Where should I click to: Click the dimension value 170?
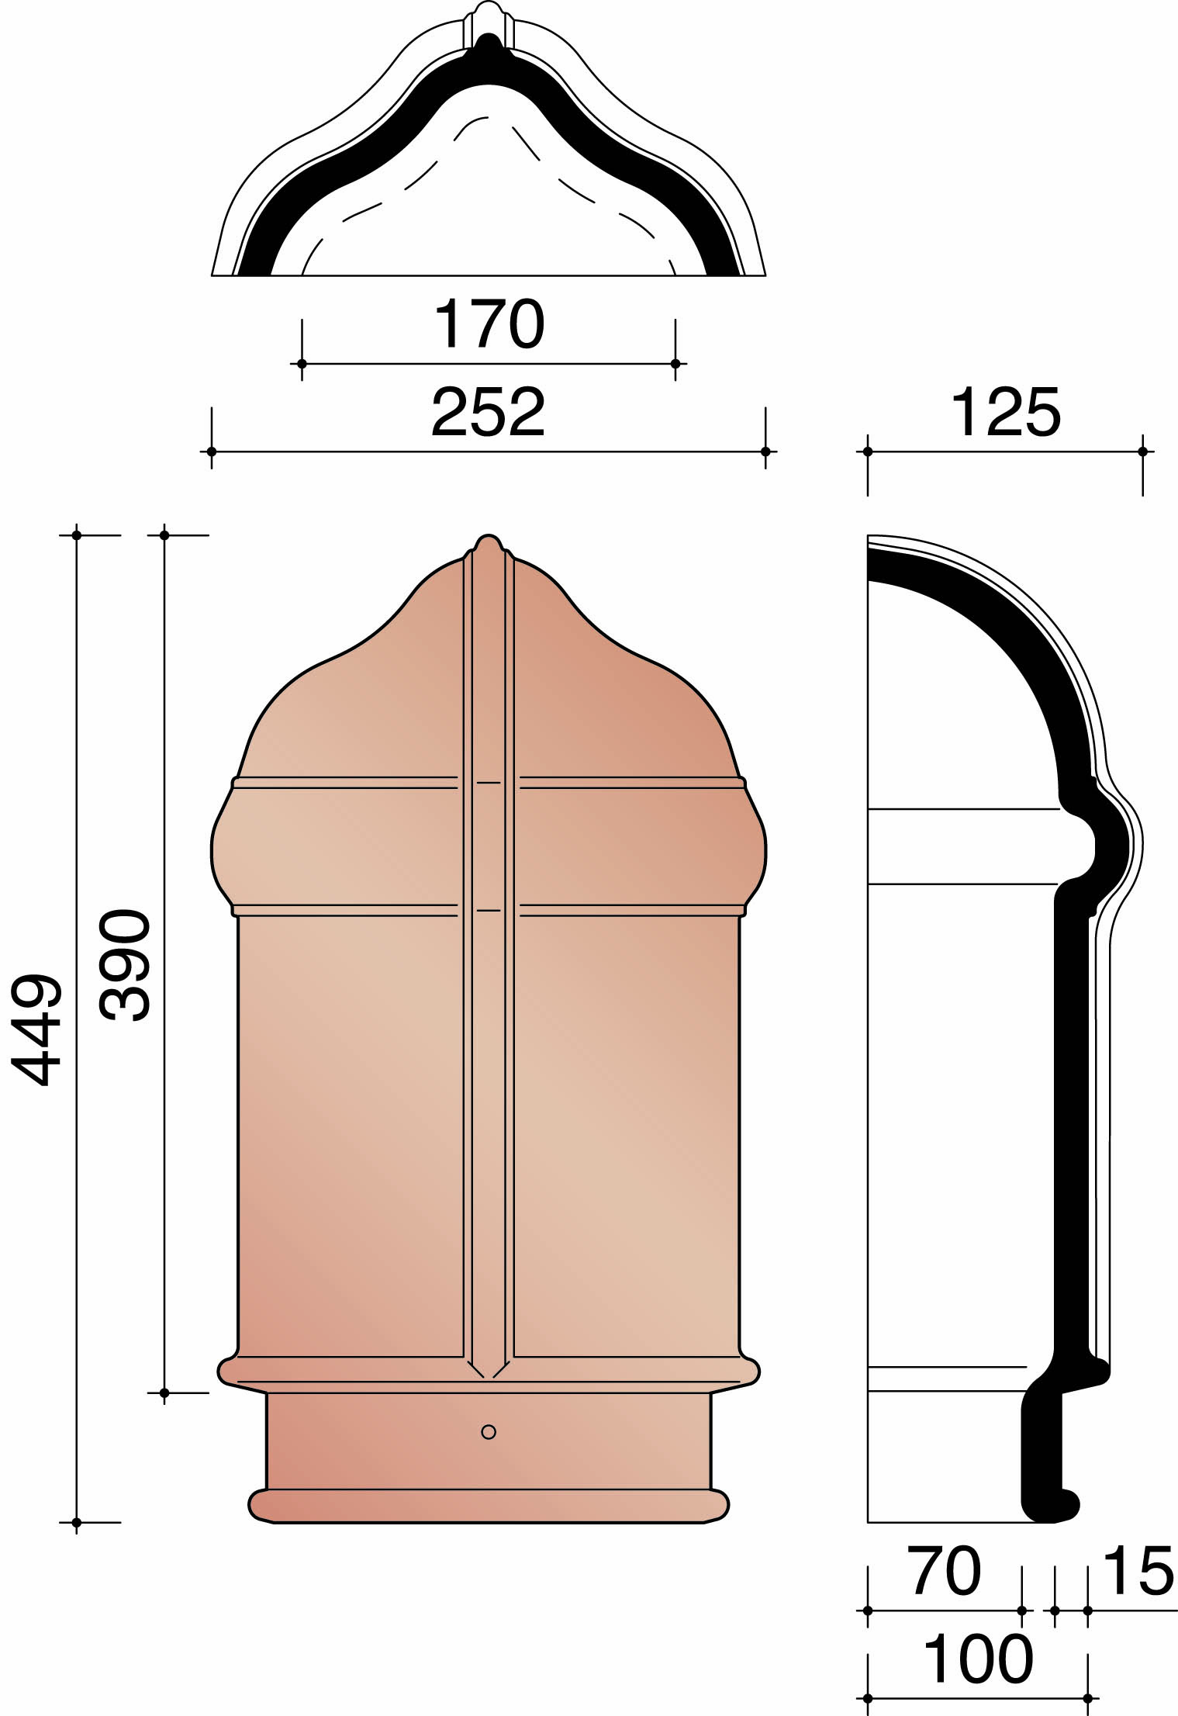(x=489, y=324)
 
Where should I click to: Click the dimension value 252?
(x=489, y=413)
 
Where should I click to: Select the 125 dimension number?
(x=1005, y=413)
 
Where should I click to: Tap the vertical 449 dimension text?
(x=36, y=1029)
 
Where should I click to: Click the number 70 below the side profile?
(x=944, y=1572)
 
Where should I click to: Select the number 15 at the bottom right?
(x=1138, y=1572)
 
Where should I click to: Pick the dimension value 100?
(x=978, y=1659)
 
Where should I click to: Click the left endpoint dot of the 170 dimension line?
(x=302, y=363)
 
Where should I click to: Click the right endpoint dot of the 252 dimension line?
(x=765, y=451)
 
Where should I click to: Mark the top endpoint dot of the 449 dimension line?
(x=76, y=535)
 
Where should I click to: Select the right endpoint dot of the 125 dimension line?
(x=1142, y=451)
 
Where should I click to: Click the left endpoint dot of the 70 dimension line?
(x=867, y=1610)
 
